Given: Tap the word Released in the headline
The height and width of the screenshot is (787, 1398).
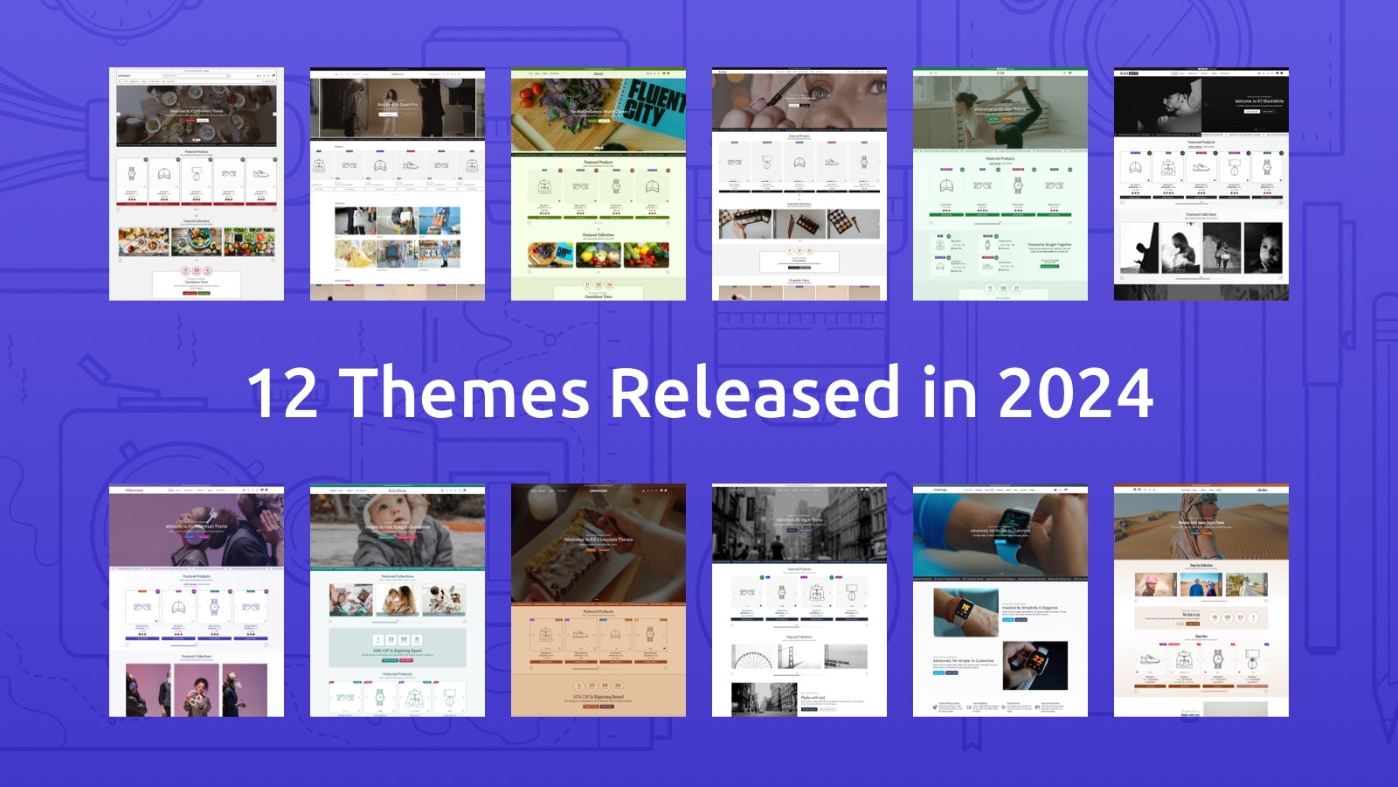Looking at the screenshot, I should click(x=754, y=393).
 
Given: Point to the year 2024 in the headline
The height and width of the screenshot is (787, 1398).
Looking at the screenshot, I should click(x=1076, y=393).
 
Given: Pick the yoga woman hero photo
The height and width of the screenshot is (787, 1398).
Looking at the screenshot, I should click(x=1000, y=114).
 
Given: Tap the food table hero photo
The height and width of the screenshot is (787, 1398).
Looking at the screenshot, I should click(x=197, y=114).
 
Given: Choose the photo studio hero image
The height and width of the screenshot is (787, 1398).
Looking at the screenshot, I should click(x=398, y=107).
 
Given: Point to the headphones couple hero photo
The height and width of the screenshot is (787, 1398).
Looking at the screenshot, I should click(x=197, y=530).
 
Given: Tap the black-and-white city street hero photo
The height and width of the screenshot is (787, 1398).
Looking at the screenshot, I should click(x=799, y=525).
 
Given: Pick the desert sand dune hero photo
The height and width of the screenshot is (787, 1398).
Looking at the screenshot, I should click(x=1201, y=525).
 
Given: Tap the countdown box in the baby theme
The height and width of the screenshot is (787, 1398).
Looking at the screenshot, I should click(x=398, y=648).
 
